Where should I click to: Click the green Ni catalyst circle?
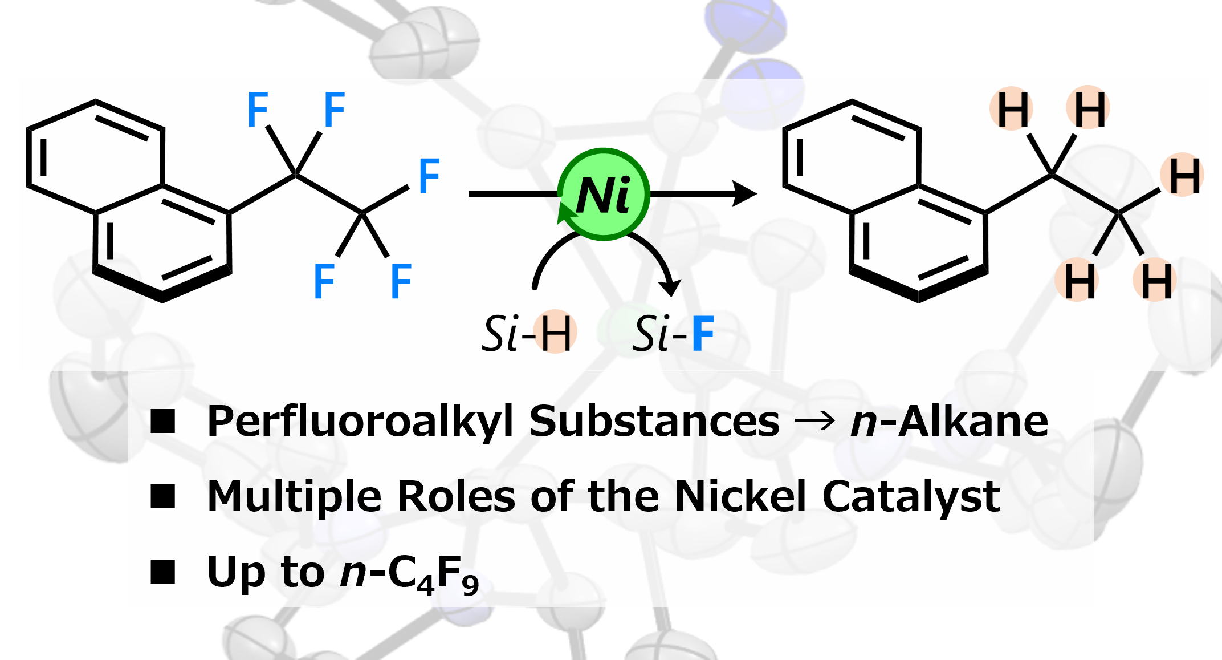tap(603, 195)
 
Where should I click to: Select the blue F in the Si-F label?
tap(702, 334)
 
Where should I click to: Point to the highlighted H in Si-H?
tap(556, 334)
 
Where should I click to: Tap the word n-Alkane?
tap(949, 422)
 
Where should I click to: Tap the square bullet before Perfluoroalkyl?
tap(162, 423)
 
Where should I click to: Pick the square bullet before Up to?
tap(162, 572)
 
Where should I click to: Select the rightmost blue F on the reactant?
tap(429, 176)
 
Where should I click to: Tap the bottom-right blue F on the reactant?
tap(401, 281)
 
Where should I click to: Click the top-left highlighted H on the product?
tap(1013, 110)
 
